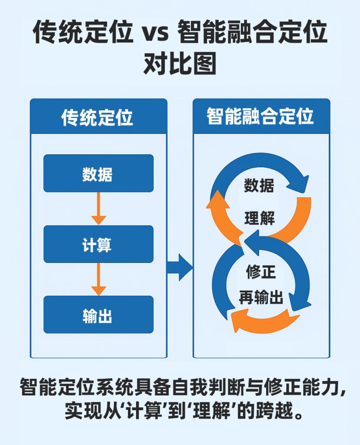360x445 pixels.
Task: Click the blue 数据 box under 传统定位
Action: coord(98,173)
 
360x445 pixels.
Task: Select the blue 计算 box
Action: coord(98,244)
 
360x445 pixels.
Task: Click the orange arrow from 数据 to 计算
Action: coord(99,208)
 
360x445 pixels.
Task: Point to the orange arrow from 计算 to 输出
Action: coord(99,279)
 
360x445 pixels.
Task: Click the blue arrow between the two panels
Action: coord(179,267)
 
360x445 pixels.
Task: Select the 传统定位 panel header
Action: coord(98,117)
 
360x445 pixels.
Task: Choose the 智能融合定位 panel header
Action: coord(261,116)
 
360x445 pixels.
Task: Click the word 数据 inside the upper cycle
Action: coord(259,186)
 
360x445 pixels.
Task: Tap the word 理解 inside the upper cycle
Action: coord(260,218)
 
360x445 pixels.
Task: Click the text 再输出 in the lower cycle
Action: coord(261,298)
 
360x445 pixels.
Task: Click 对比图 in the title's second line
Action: coord(180,66)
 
